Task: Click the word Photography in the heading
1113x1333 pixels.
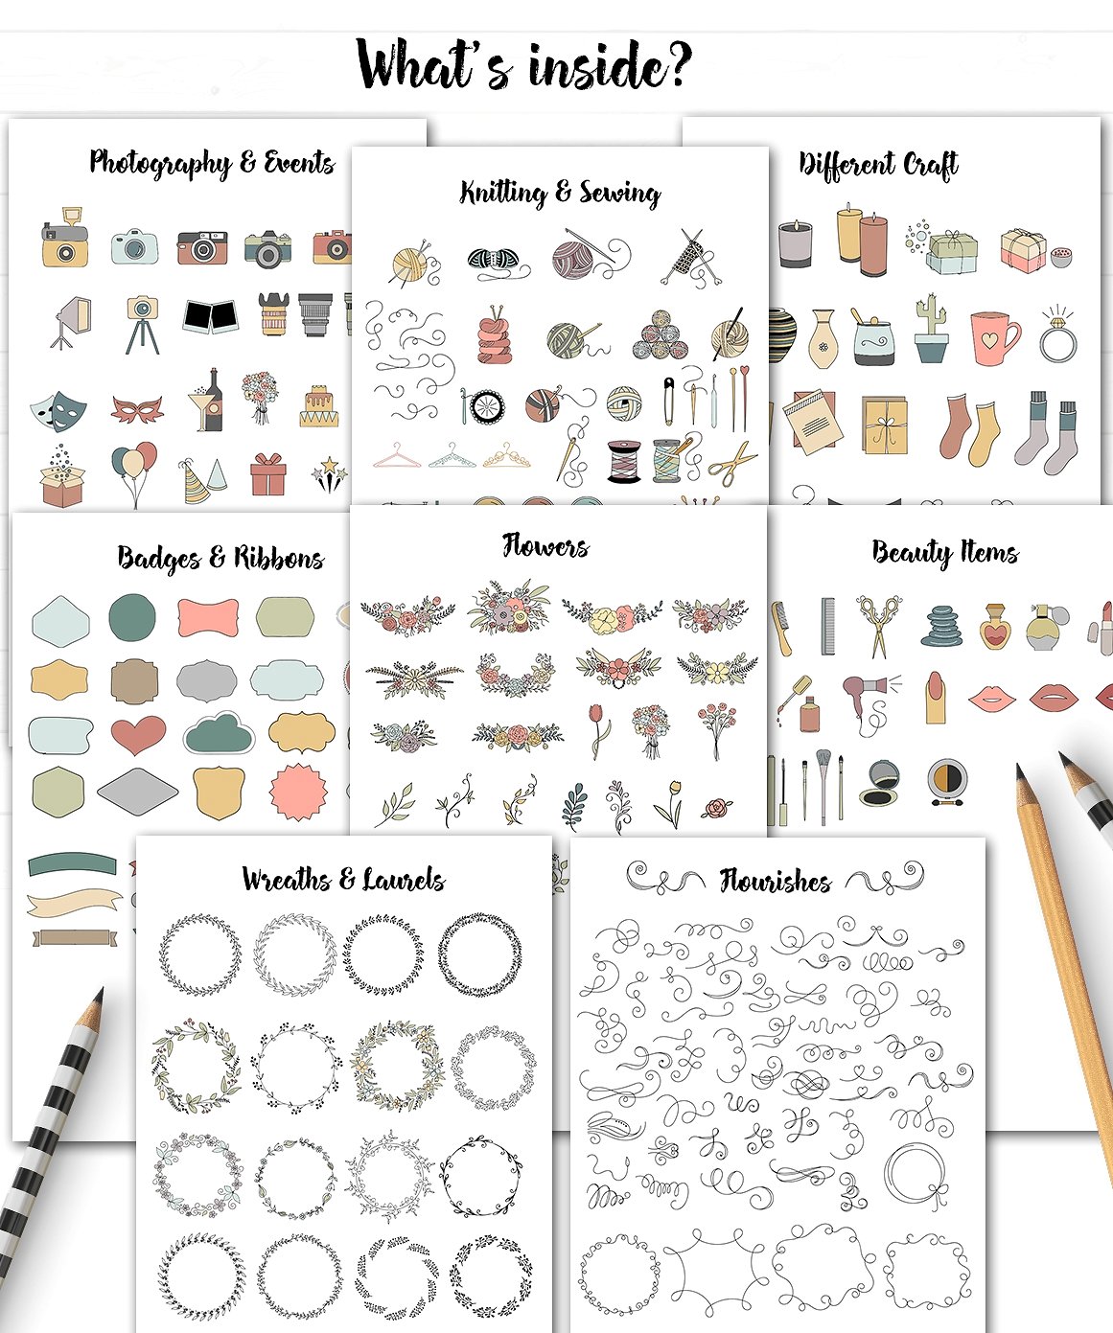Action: [x=160, y=163]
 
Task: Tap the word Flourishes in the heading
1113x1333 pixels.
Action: [x=775, y=880]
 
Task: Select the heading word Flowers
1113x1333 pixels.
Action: [x=545, y=546]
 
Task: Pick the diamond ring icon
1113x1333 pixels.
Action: [x=1057, y=335]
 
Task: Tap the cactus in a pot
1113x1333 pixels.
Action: [x=929, y=329]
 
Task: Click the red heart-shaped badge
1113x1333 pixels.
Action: [x=138, y=735]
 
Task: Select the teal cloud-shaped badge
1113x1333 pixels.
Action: [x=219, y=733]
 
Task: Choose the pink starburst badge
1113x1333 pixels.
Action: [x=298, y=793]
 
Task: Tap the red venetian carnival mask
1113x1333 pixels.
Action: [x=137, y=409]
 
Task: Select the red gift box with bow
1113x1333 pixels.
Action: [x=267, y=473]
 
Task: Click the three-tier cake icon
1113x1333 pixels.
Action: [x=319, y=406]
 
